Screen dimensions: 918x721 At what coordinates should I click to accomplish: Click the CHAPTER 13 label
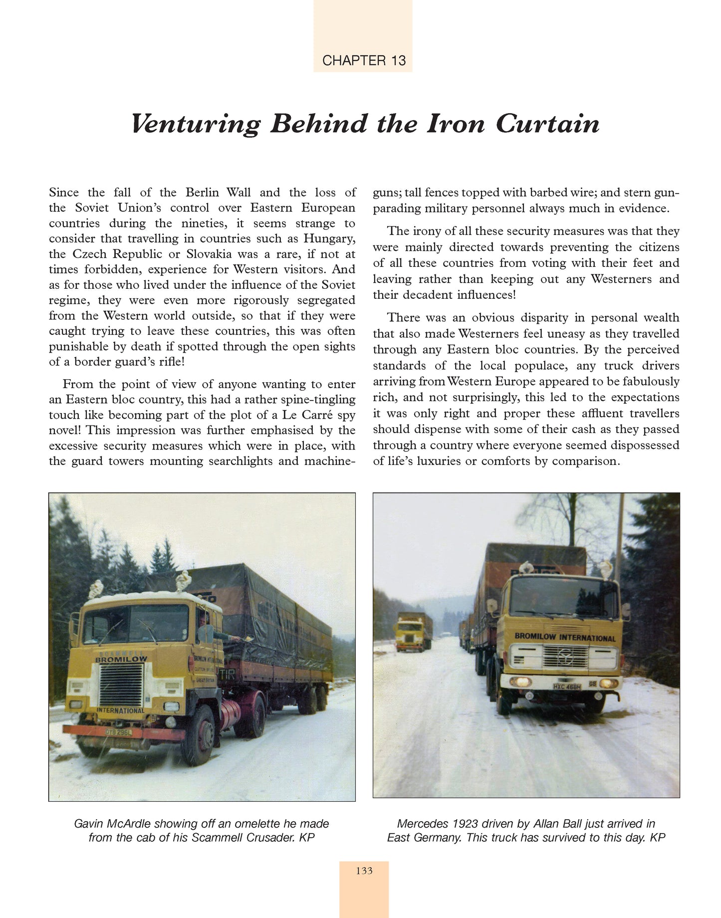[364, 60]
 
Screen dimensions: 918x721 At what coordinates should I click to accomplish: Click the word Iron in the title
[456, 124]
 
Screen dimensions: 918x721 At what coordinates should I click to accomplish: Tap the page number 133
[364, 871]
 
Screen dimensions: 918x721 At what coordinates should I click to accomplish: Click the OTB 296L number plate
[119, 732]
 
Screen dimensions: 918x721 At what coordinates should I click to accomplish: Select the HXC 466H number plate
[567, 687]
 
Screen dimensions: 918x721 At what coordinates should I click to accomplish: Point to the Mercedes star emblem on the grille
[565, 656]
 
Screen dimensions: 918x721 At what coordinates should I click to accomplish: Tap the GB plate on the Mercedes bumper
[592, 684]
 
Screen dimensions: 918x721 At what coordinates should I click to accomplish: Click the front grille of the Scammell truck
[121, 684]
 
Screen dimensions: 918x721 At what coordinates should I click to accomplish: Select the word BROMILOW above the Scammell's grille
[121, 659]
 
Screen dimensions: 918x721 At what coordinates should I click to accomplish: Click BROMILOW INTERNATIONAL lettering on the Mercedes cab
[565, 637]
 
